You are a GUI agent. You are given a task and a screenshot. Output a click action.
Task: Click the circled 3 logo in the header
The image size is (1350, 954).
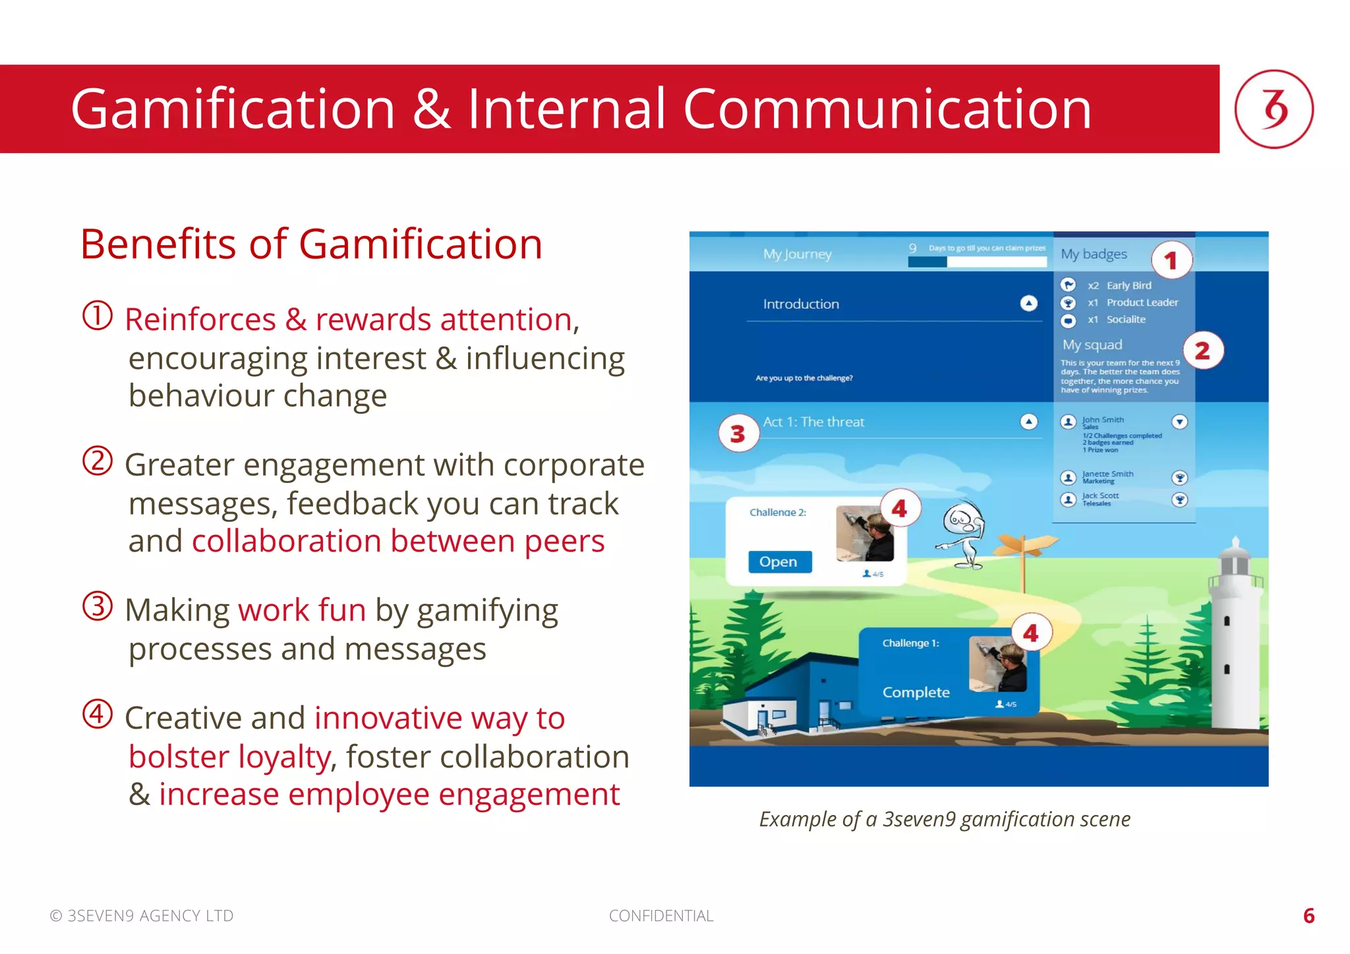pyautogui.click(x=1273, y=109)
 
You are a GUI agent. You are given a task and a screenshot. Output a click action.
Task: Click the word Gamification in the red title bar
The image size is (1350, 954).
pyautogui.click(x=233, y=109)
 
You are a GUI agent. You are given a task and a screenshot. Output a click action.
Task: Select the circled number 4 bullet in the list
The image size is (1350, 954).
pyautogui.click(x=98, y=714)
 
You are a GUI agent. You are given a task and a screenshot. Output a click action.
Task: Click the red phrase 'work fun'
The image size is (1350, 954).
pyautogui.click(x=302, y=610)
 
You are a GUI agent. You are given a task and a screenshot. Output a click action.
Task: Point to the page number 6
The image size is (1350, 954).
pyautogui.click(x=1308, y=916)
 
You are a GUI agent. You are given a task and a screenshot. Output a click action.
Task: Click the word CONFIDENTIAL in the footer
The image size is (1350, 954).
pyautogui.click(x=660, y=916)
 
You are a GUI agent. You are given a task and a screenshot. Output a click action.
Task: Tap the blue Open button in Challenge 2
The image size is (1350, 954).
pyautogui.click(x=779, y=562)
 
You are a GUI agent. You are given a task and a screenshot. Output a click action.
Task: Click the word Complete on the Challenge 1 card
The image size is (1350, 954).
pyautogui.click(x=916, y=692)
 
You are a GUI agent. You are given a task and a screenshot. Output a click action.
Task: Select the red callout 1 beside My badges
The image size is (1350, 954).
pyautogui.click(x=1171, y=261)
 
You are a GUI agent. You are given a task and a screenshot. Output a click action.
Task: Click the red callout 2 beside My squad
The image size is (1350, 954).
pyautogui.click(x=1202, y=351)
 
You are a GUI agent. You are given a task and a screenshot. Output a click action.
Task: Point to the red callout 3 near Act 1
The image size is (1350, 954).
pyautogui.click(x=738, y=433)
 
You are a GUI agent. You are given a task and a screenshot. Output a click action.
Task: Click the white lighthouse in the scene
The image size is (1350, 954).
pyautogui.click(x=1234, y=639)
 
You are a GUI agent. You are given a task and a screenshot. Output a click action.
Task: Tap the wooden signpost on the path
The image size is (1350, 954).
pyautogui.click(x=1024, y=553)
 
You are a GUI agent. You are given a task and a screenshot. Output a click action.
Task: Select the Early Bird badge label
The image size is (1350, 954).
pyautogui.click(x=1129, y=285)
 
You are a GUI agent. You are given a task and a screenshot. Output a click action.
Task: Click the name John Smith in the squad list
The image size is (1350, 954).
pyautogui.click(x=1103, y=420)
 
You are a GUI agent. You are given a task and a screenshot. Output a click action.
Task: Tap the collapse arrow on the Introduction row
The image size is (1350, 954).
pyautogui.click(x=1028, y=303)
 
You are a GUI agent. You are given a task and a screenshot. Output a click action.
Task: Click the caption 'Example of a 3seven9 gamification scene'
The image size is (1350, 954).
pyautogui.click(x=944, y=819)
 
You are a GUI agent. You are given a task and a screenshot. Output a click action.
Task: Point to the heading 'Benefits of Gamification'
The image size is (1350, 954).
pyautogui.click(x=311, y=244)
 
